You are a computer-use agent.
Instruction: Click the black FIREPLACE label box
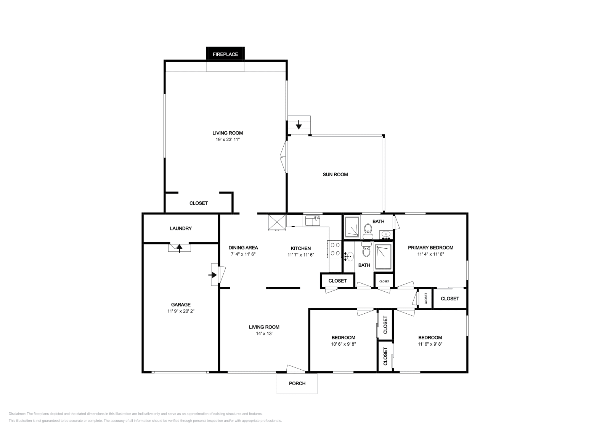(225, 54)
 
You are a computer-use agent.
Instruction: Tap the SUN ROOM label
(335, 174)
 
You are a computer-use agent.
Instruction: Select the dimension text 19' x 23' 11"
(228, 140)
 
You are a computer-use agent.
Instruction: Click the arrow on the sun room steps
(299, 125)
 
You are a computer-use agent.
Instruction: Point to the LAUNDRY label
(181, 228)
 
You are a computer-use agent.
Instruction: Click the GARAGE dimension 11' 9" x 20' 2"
(181, 311)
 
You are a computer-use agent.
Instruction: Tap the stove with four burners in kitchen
(335, 249)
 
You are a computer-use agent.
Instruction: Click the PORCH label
(297, 383)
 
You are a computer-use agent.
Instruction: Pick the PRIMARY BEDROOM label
(430, 247)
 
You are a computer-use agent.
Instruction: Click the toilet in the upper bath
(368, 230)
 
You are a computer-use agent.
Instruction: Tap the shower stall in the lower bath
(384, 257)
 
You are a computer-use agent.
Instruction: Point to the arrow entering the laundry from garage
(179, 247)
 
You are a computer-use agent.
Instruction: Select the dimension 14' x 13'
(264, 334)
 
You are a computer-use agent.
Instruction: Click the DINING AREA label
(243, 247)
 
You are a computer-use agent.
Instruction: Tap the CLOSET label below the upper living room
(199, 203)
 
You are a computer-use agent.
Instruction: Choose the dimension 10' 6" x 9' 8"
(343, 344)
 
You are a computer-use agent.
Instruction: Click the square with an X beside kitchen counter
(277, 222)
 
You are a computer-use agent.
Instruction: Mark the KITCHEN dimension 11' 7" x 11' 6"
(300, 255)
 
